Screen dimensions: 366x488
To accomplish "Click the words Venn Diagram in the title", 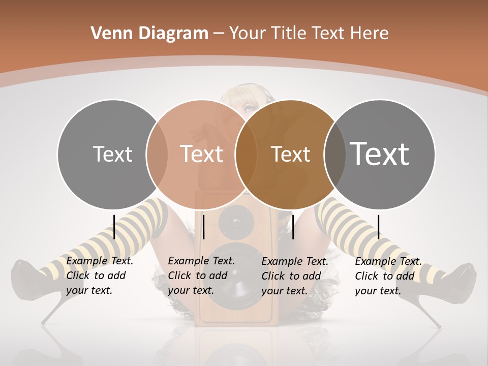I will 149,34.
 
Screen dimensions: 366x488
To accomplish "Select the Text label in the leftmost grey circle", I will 112,154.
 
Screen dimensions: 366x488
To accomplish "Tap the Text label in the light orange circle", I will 201,154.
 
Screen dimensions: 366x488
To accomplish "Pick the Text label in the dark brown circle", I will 290,154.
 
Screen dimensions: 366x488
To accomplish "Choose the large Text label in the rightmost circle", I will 379,154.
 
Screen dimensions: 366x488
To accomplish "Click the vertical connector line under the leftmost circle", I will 114,227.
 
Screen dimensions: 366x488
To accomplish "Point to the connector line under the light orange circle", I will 203,227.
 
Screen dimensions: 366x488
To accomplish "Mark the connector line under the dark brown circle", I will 293,227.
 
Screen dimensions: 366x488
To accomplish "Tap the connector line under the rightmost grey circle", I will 378,227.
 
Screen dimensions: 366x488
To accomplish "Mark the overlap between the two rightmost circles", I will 334,154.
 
